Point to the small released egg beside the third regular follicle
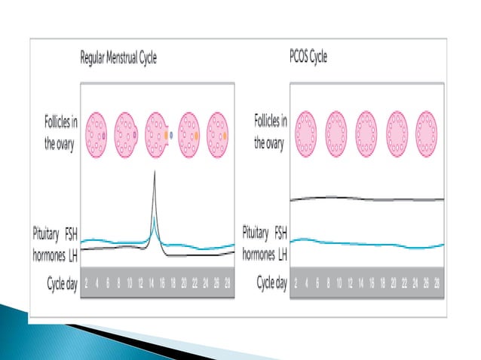click(173, 136)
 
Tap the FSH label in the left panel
click(70, 231)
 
